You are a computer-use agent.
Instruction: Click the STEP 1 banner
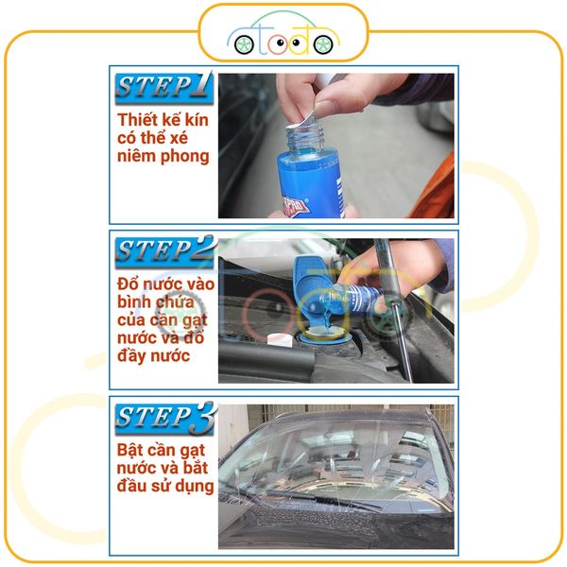pyautogui.click(x=163, y=88)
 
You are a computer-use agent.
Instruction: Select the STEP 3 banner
pyautogui.click(x=163, y=417)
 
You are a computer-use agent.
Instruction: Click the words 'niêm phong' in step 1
pyautogui.click(x=163, y=157)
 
